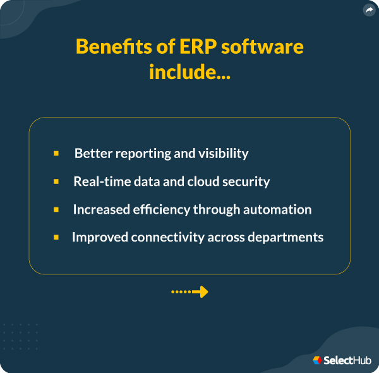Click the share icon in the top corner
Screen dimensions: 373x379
[369, 10]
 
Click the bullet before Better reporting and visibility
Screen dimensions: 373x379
[56, 154]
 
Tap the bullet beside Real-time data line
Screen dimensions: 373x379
[56, 181]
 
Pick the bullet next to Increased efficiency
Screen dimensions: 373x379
[56, 209]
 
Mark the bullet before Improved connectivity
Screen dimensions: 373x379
[56, 237]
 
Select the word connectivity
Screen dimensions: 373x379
[169, 237]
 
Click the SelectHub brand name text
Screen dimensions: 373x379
[347, 360]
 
